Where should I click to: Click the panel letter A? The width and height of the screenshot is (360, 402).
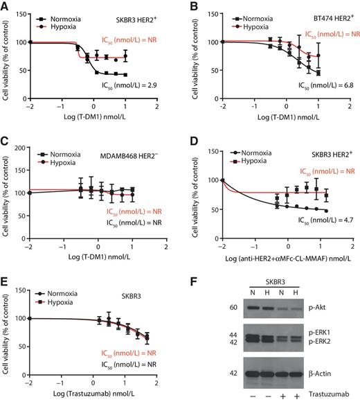tap(6, 6)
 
